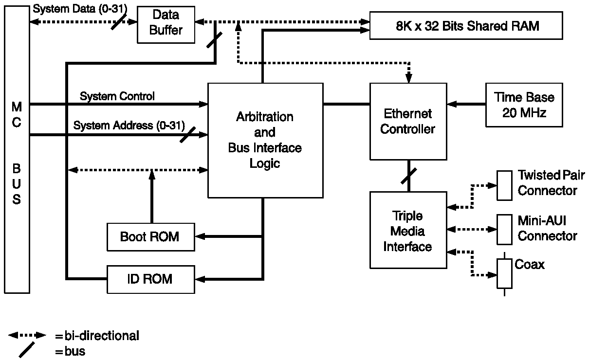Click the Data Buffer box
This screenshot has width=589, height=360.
click(x=166, y=23)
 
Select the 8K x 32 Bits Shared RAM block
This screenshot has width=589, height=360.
click(x=466, y=26)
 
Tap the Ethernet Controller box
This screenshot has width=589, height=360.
click(x=408, y=121)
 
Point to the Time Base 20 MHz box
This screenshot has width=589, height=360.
click(x=524, y=105)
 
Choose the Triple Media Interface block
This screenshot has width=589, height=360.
click(x=408, y=230)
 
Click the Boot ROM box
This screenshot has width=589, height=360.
click(x=150, y=236)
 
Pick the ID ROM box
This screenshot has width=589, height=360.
click(x=150, y=279)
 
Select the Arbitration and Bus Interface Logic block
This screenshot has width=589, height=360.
click(x=265, y=140)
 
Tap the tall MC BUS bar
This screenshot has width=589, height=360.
click(x=17, y=150)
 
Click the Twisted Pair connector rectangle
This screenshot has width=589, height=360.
click(x=504, y=185)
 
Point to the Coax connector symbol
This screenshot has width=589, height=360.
click(x=504, y=273)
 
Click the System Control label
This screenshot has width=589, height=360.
click(x=117, y=96)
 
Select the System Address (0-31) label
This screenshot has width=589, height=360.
click(x=129, y=126)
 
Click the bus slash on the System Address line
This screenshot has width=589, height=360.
click(x=187, y=135)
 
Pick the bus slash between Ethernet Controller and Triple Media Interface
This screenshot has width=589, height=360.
click(x=408, y=176)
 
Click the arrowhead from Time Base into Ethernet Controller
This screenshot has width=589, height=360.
click(x=451, y=104)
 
